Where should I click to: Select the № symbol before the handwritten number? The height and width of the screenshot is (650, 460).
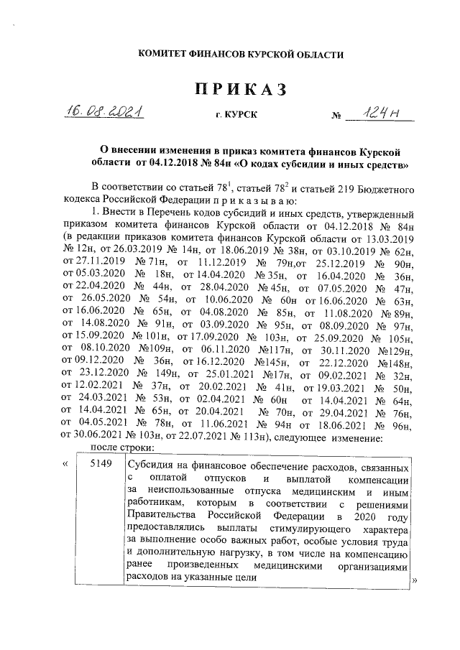pos(335,116)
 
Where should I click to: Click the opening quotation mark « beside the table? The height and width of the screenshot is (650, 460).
pos(65,465)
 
